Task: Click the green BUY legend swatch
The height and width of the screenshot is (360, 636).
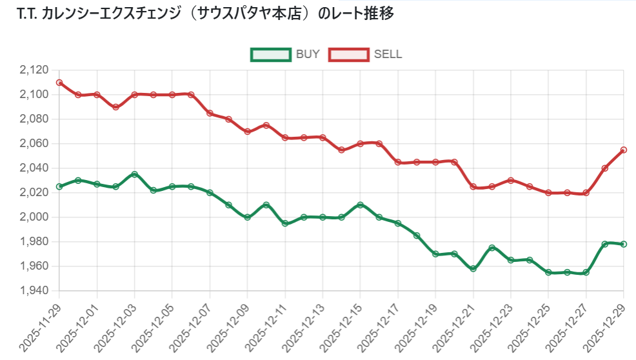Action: pos(270,55)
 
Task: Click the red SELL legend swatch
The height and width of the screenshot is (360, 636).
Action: pos(348,55)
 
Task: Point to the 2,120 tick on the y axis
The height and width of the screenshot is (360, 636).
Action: pos(35,70)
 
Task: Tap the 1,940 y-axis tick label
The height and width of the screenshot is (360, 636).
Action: pos(35,291)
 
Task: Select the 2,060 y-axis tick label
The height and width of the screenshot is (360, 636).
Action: pos(35,144)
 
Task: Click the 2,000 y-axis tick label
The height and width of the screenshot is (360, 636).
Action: pos(35,217)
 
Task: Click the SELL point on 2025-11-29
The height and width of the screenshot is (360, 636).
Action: pos(59,83)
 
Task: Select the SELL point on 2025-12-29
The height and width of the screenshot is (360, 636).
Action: pos(624,150)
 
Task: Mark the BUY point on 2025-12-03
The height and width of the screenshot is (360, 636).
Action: pos(135,174)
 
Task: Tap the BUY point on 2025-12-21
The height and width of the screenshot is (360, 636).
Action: pos(473,268)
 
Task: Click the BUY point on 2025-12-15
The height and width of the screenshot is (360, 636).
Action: pos(361,205)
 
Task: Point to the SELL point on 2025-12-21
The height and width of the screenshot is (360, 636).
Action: pos(473,186)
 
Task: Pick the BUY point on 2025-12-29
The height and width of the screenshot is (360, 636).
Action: pos(624,244)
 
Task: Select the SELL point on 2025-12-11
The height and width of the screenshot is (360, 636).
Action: pos(285,137)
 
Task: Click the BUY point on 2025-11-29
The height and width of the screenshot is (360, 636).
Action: pos(59,186)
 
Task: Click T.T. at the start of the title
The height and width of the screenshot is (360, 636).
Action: pos(26,14)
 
